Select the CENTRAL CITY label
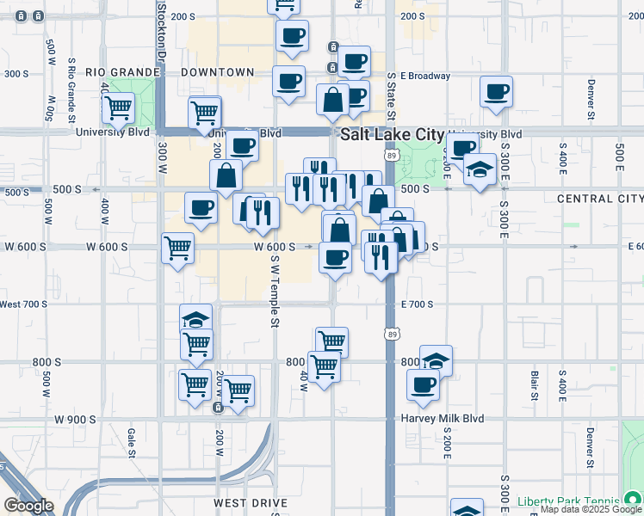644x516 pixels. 599,199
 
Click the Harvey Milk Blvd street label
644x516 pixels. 442,419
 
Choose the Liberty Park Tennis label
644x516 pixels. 568,501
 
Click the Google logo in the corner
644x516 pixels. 28,506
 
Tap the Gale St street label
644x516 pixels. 132,442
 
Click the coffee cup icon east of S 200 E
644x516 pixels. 496,92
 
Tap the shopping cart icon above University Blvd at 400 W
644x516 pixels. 117,108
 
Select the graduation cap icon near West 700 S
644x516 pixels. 195,319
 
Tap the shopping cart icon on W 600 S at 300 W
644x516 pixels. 177,249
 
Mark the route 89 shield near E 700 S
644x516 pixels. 392,332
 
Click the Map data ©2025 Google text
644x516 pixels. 591,510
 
